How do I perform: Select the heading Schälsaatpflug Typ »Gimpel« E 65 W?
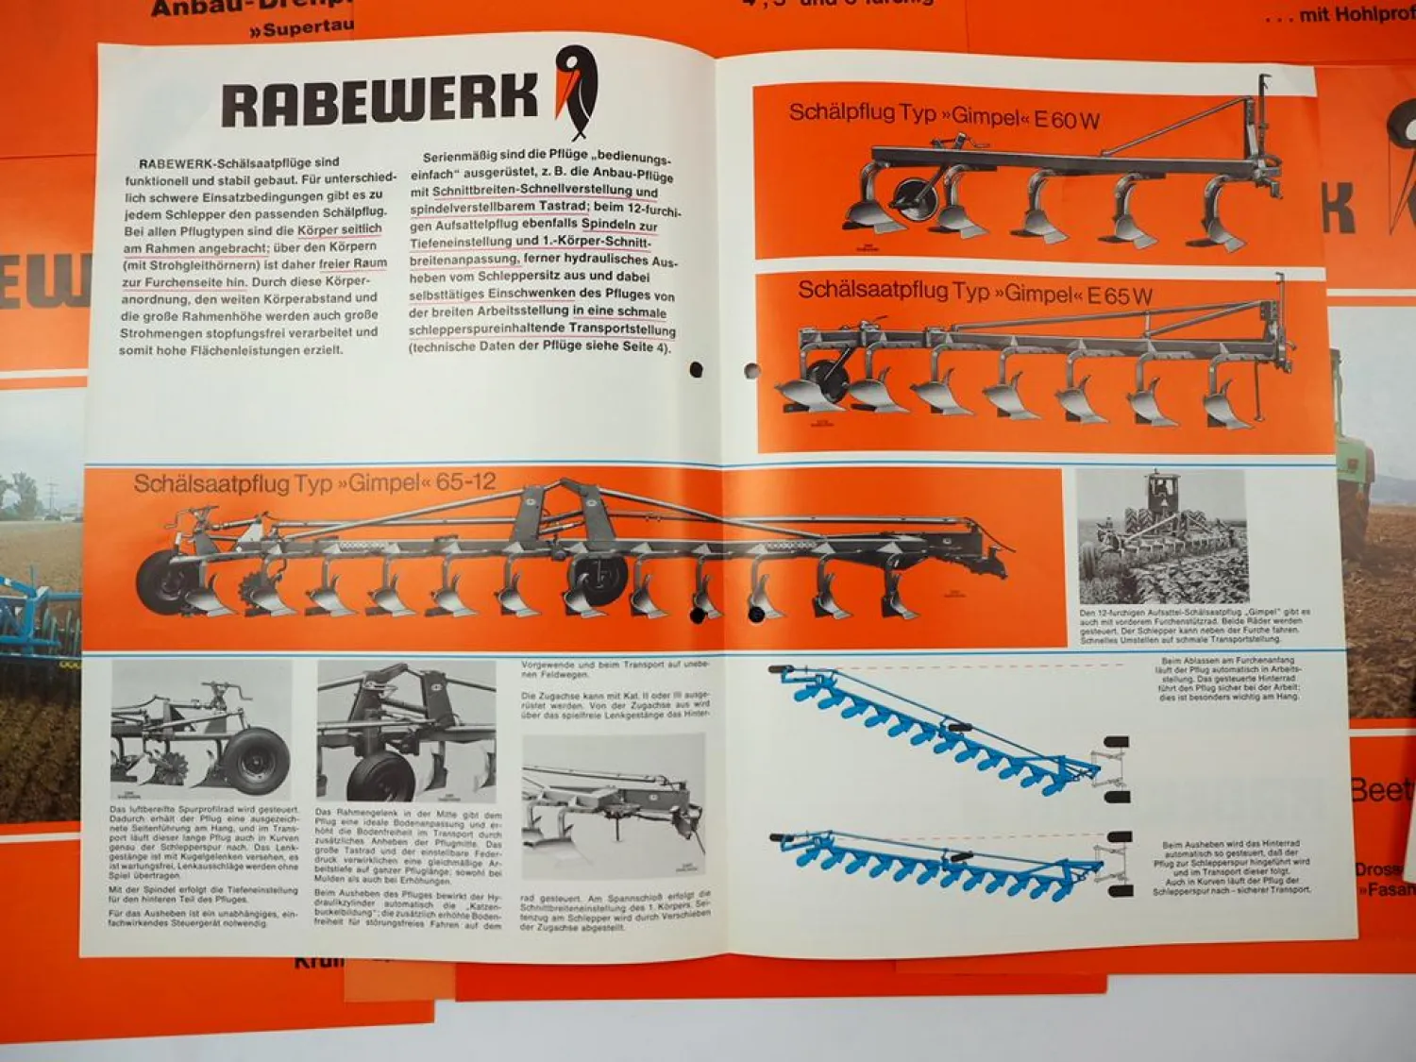tap(974, 292)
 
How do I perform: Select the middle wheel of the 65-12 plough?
tap(598, 579)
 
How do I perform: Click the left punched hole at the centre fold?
tap(696, 370)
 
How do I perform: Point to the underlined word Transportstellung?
tap(622, 329)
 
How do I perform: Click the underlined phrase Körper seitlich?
tap(340, 229)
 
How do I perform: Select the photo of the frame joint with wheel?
tap(406, 732)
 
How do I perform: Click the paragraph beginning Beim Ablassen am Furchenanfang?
tap(1230, 679)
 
